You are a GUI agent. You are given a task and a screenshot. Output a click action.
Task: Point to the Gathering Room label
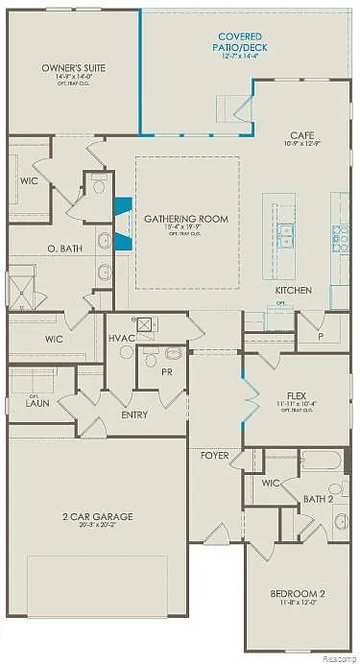(x=186, y=219)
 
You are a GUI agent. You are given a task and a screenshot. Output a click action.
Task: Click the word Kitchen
(x=294, y=289)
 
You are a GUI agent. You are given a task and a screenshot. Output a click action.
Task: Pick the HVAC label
(x=122, y=338)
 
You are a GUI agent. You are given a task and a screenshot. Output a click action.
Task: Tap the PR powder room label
(x=166, y=371)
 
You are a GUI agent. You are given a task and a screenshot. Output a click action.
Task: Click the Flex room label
(x=296, y=395)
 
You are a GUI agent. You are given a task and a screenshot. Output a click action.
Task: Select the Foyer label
(x=214, y=457)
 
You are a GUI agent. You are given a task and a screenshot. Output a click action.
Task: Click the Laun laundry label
(x=37, y=404)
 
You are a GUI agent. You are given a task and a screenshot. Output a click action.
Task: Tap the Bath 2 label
(x=318, y=499)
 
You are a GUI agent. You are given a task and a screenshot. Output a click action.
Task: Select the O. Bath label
(x=63, y=249)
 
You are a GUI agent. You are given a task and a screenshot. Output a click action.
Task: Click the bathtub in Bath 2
(x=324, y=461)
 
